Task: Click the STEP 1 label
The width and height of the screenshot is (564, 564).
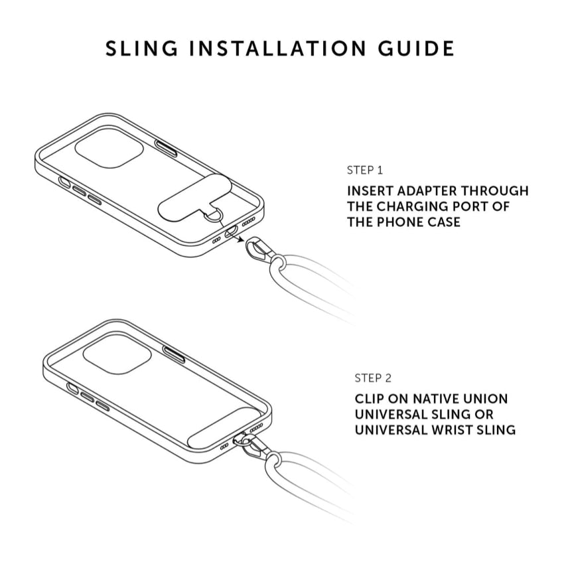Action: (x=364, y=170)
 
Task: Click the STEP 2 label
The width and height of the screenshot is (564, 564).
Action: (x=373, y=378)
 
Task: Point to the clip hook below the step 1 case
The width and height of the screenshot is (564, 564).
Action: (x=259, y=251)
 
